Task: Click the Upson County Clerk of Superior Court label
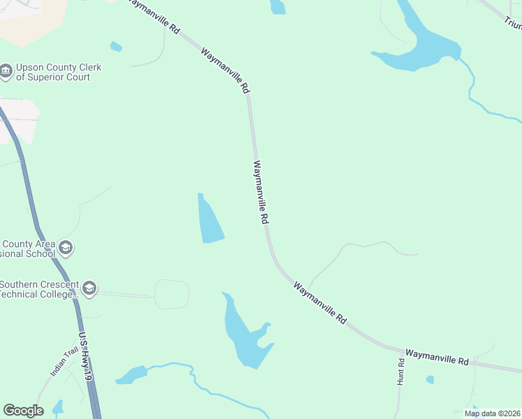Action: (59, 73)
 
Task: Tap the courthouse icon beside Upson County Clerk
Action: (6, 71)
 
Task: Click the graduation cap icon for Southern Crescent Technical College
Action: (89, 288)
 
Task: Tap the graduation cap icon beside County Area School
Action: (66, 248)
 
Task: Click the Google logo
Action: (23, 411)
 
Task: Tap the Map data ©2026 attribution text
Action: (492, 413)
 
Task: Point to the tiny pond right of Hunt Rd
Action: (430, 380)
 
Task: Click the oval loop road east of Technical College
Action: (172, 294)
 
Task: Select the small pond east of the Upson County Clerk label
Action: (116, 47)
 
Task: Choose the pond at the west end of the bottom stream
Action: (131, 374)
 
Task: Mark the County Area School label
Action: (28, 249)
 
